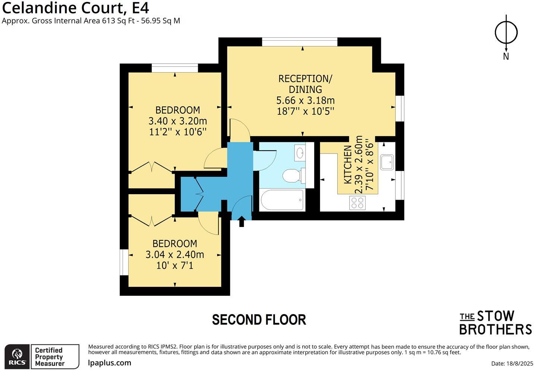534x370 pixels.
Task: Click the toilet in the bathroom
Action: coord(290,175)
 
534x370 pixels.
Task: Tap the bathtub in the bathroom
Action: coord(282,200)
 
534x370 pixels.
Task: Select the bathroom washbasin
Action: coord(300,152)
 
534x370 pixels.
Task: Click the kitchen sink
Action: coord(386,162)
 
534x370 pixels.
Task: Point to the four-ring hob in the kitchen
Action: coord(357,203)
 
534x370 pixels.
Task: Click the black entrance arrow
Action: coord(241,221)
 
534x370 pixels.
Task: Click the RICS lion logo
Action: coord(17,357)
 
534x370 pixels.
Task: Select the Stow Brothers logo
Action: coord(495,323)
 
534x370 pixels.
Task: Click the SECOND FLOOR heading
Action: coord(259,320)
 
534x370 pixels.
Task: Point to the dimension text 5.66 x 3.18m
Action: coord(305,100)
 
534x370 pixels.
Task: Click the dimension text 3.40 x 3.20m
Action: coord(177,121)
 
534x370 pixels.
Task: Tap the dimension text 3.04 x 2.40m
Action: coord(174,254)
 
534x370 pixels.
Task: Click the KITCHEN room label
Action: coord(347,164)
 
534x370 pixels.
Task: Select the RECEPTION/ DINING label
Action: coord(305,84)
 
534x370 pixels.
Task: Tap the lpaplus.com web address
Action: coord(110,363)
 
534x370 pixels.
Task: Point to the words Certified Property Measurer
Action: coord(50,357)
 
